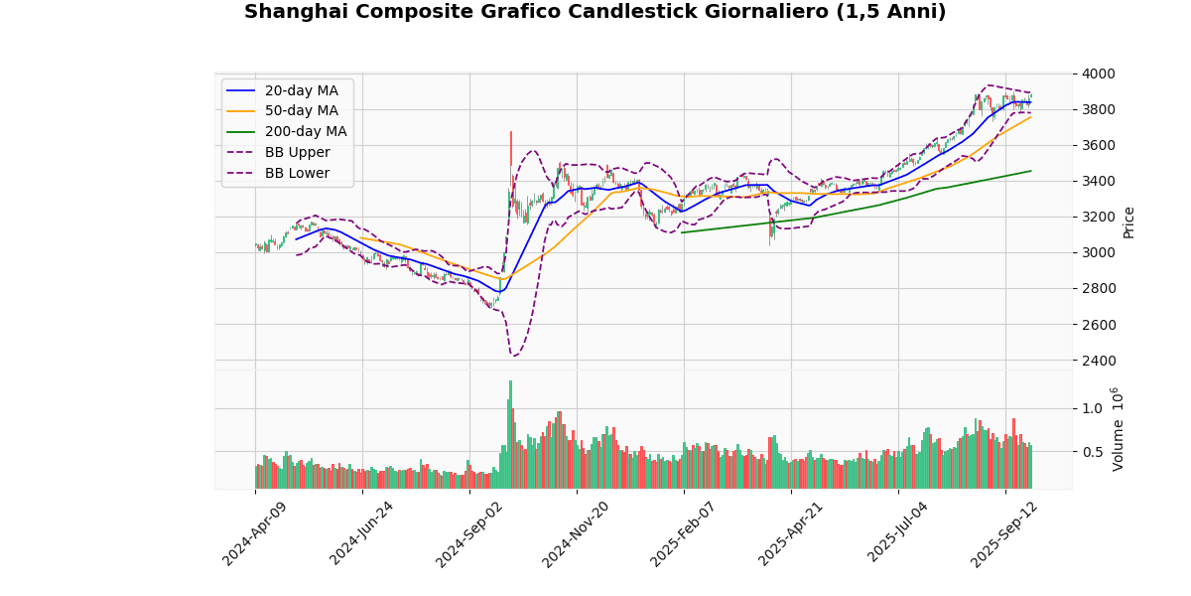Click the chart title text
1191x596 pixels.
[595, 12]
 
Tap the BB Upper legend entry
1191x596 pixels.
[297, 152]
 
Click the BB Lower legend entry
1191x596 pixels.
[297, 173]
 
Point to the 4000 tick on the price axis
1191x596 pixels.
[1099, 74]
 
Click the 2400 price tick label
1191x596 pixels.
[1099, 361]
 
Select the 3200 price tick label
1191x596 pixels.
[1099, 217]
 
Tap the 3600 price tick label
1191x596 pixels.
[1099, 145]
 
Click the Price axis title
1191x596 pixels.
[1128, 222]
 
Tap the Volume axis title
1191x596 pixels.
[1119, 429]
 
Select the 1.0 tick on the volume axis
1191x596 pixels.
[1092, 408]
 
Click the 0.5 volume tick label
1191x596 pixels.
[1092, 452]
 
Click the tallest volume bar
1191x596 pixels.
[510, 434]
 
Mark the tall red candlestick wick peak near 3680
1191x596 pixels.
[511, 132]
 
